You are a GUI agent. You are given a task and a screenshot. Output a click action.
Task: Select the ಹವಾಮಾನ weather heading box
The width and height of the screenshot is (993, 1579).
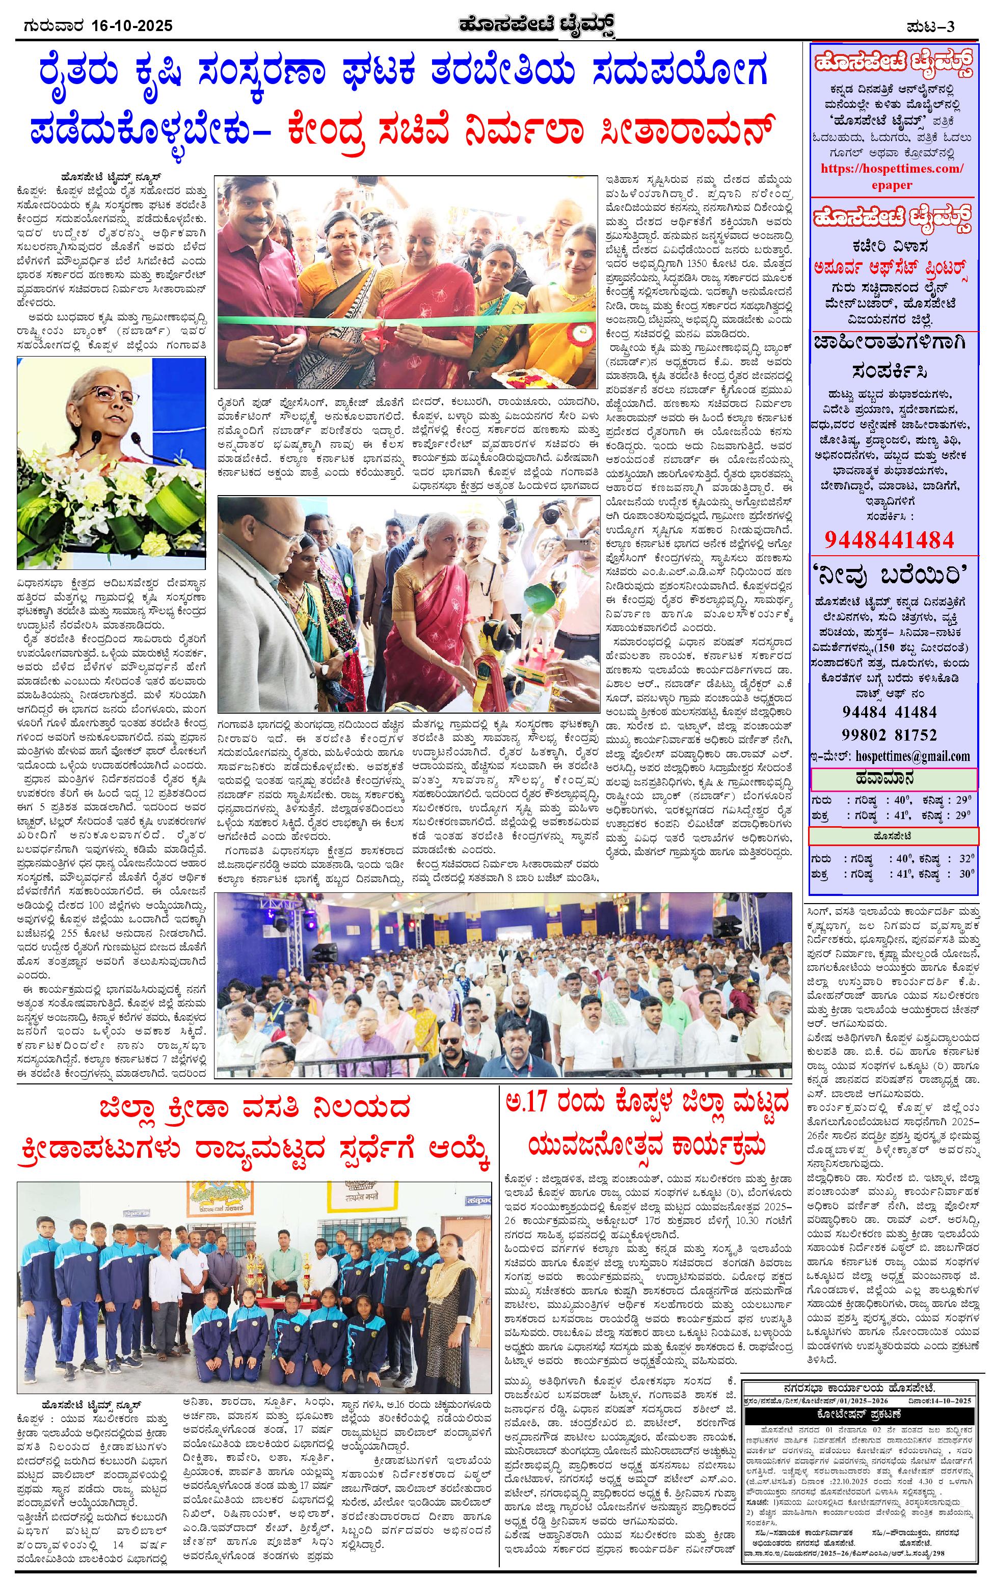[893, 779]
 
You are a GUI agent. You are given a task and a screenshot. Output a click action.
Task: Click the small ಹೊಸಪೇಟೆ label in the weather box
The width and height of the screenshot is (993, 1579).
[893, 836]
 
